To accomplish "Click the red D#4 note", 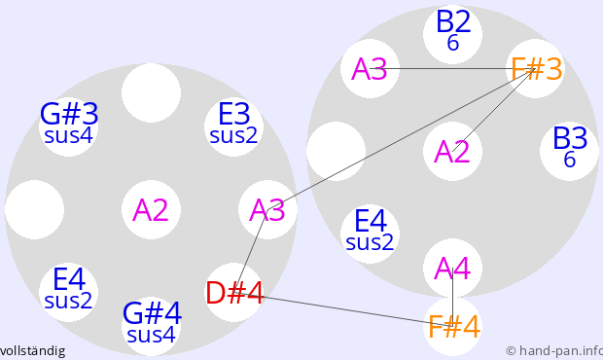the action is point(234,293).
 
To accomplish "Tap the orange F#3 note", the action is point(536,68).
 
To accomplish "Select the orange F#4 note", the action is point(453,327).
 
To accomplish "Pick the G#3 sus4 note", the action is point(69,126).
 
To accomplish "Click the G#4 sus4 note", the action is point(152,327).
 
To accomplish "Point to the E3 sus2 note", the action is point(233,126).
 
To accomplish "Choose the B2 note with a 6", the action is point(453,34).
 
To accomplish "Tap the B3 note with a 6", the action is point(570,151).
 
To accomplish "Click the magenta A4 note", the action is point(452,269).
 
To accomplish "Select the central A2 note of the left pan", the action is point(151,209).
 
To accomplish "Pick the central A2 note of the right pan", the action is point(452,151).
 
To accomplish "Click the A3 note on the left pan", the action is point(267,209).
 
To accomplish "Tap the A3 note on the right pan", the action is point(370,68).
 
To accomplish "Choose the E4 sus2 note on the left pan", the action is point(68,292).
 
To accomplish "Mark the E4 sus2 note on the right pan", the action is point(370,234).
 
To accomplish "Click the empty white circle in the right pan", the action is point(337,151).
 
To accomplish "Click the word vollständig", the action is point(33,351).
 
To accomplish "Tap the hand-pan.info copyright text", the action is point(554,351).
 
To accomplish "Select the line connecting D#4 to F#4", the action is point(343,309).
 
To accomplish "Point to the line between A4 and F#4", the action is point(452,298).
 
